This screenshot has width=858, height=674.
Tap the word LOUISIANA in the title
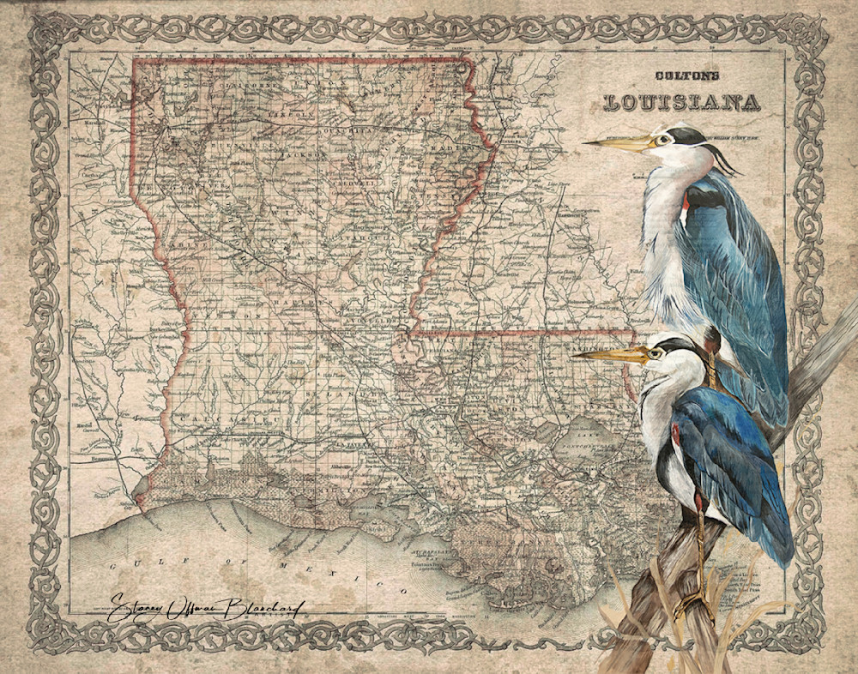click(x=682, y=102)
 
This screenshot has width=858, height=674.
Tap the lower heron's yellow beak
click(x=609, y=353)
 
